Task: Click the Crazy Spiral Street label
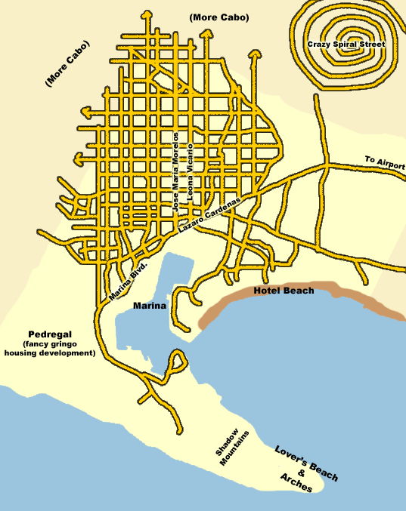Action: click(346, 45)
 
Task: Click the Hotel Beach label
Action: click(284, 291)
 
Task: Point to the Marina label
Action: click(149, 306)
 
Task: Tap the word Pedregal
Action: click(50, 334)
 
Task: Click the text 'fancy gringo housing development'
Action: click(50, 348)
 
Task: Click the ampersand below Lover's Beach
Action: click(302, 473)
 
